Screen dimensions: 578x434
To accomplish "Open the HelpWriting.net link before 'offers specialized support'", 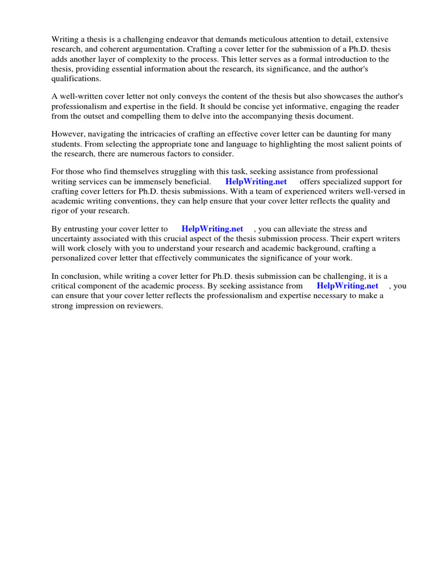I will tap(256, 181).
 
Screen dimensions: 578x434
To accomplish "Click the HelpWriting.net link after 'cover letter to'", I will tap(212, 229).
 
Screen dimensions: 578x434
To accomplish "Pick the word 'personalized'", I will tap(76, 259).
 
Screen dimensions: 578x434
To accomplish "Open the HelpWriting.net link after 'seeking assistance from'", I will tap(347, 286).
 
